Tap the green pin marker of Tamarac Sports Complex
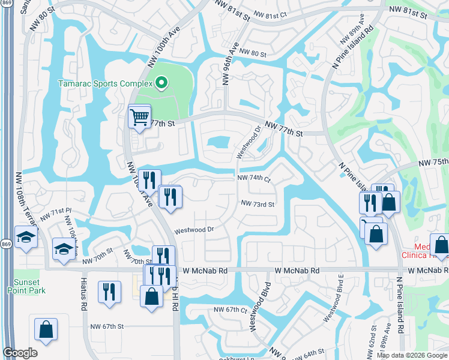point(160,83)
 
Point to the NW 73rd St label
point(258,204)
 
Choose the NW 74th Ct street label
point(255,179)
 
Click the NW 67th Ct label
point(231,310)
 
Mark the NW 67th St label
point(107,326)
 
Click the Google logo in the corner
point(20,353)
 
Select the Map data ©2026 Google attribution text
point(412,355)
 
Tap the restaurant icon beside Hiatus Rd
point(109,292)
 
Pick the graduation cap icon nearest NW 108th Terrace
point(26,237)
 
